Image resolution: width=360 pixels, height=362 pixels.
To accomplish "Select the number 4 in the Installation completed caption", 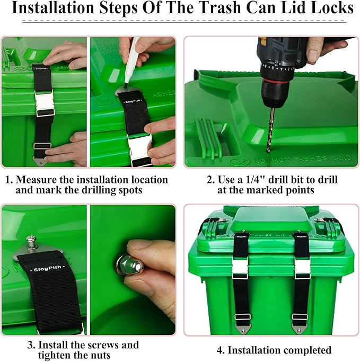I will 219,350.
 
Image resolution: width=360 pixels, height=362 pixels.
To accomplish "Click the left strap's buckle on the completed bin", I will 242,269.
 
